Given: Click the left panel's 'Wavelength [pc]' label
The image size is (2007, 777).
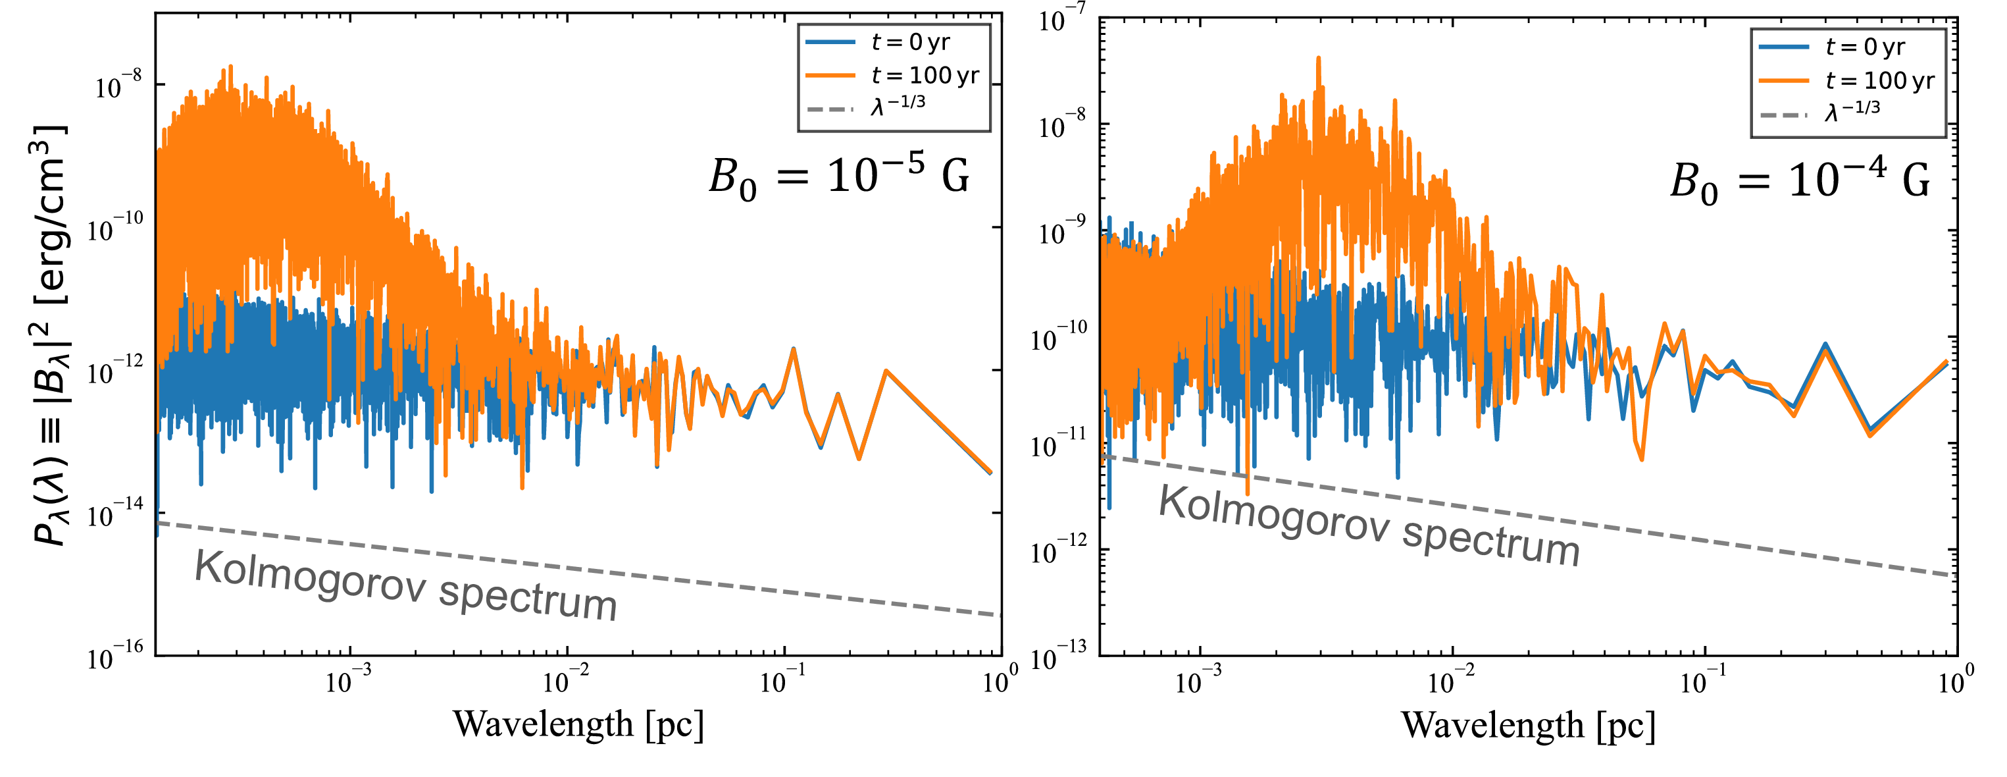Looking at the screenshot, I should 578,724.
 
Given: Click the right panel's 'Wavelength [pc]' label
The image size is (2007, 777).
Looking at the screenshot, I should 1528,726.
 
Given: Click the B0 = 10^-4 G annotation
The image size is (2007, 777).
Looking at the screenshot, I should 1800,181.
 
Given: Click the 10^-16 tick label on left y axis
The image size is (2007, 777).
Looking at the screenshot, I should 115,656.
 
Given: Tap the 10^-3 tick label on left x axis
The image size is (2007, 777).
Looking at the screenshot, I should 348,680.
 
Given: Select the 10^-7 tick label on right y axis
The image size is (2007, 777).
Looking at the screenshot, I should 1062,18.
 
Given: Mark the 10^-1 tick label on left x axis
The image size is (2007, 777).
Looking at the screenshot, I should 784,680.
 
